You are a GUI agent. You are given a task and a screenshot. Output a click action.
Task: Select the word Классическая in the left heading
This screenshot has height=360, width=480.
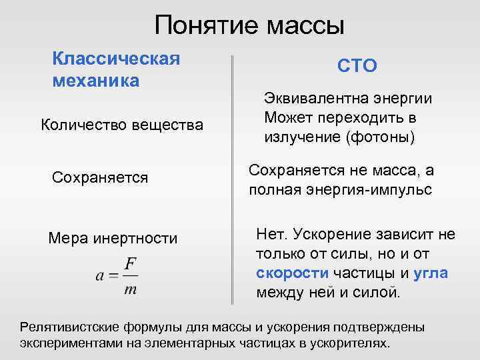pyautogui.click(x=116, y=58)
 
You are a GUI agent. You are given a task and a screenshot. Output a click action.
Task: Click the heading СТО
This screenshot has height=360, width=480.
pyautogui.click(x=357, y=66)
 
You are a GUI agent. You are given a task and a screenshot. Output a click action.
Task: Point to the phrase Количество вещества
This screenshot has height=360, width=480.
pyautogui.click(x=122, y=124)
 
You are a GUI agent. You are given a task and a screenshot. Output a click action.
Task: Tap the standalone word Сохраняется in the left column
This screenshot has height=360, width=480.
pyautogui.click(x=100, y=178)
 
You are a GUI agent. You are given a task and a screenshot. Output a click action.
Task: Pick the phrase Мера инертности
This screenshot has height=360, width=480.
pyautogui.click(x=113, y=238)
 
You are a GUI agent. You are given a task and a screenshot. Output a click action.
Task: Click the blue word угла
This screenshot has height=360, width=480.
pyautogui.click(x=430, y=273)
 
